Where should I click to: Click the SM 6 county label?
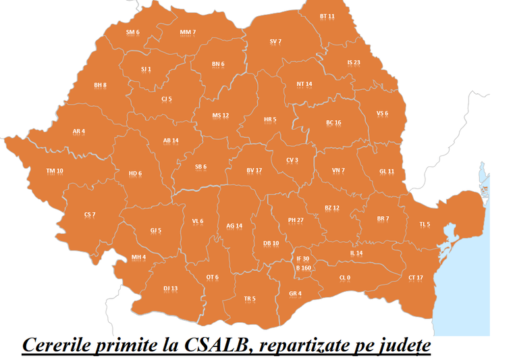(x=132, y=32)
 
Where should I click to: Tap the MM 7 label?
(x=188, y=32)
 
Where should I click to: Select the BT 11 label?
(x=327, y=16)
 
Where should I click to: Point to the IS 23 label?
(x=354, y=63)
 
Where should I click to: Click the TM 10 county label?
(x=55, y=172)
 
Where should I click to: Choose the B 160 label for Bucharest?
(x=303, y=268)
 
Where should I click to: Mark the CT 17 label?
(x=416, y=278)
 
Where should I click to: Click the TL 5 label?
(x=424, y=225)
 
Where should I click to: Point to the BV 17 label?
(x=254, y=171)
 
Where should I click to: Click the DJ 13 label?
(x=170, y=289)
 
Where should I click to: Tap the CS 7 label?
(x=90, y=215)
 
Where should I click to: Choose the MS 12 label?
(x=221, y=115)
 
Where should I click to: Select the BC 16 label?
(x=333, y=123)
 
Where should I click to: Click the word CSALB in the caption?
(x=215, y=344)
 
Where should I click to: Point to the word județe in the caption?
(x=399, y=346)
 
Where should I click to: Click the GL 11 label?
(x=387, y=172)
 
